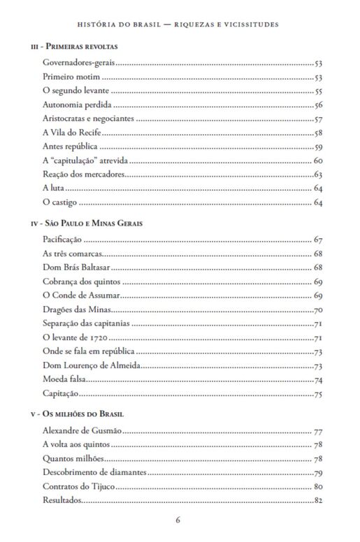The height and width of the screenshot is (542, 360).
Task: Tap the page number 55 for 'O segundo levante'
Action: click(317, 91)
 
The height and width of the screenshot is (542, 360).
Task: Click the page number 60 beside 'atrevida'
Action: click(317, 161)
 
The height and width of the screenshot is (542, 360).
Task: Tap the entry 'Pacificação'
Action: click(62, 240)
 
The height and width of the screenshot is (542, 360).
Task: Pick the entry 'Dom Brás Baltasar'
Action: click(74, 268)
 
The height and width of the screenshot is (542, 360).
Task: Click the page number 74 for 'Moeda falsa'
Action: click(317, 380)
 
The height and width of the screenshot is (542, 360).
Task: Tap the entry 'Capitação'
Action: click(61, 394)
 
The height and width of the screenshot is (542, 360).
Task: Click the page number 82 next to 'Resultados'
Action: click(317, 500)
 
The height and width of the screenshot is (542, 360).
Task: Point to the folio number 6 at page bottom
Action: click(179, 520)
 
